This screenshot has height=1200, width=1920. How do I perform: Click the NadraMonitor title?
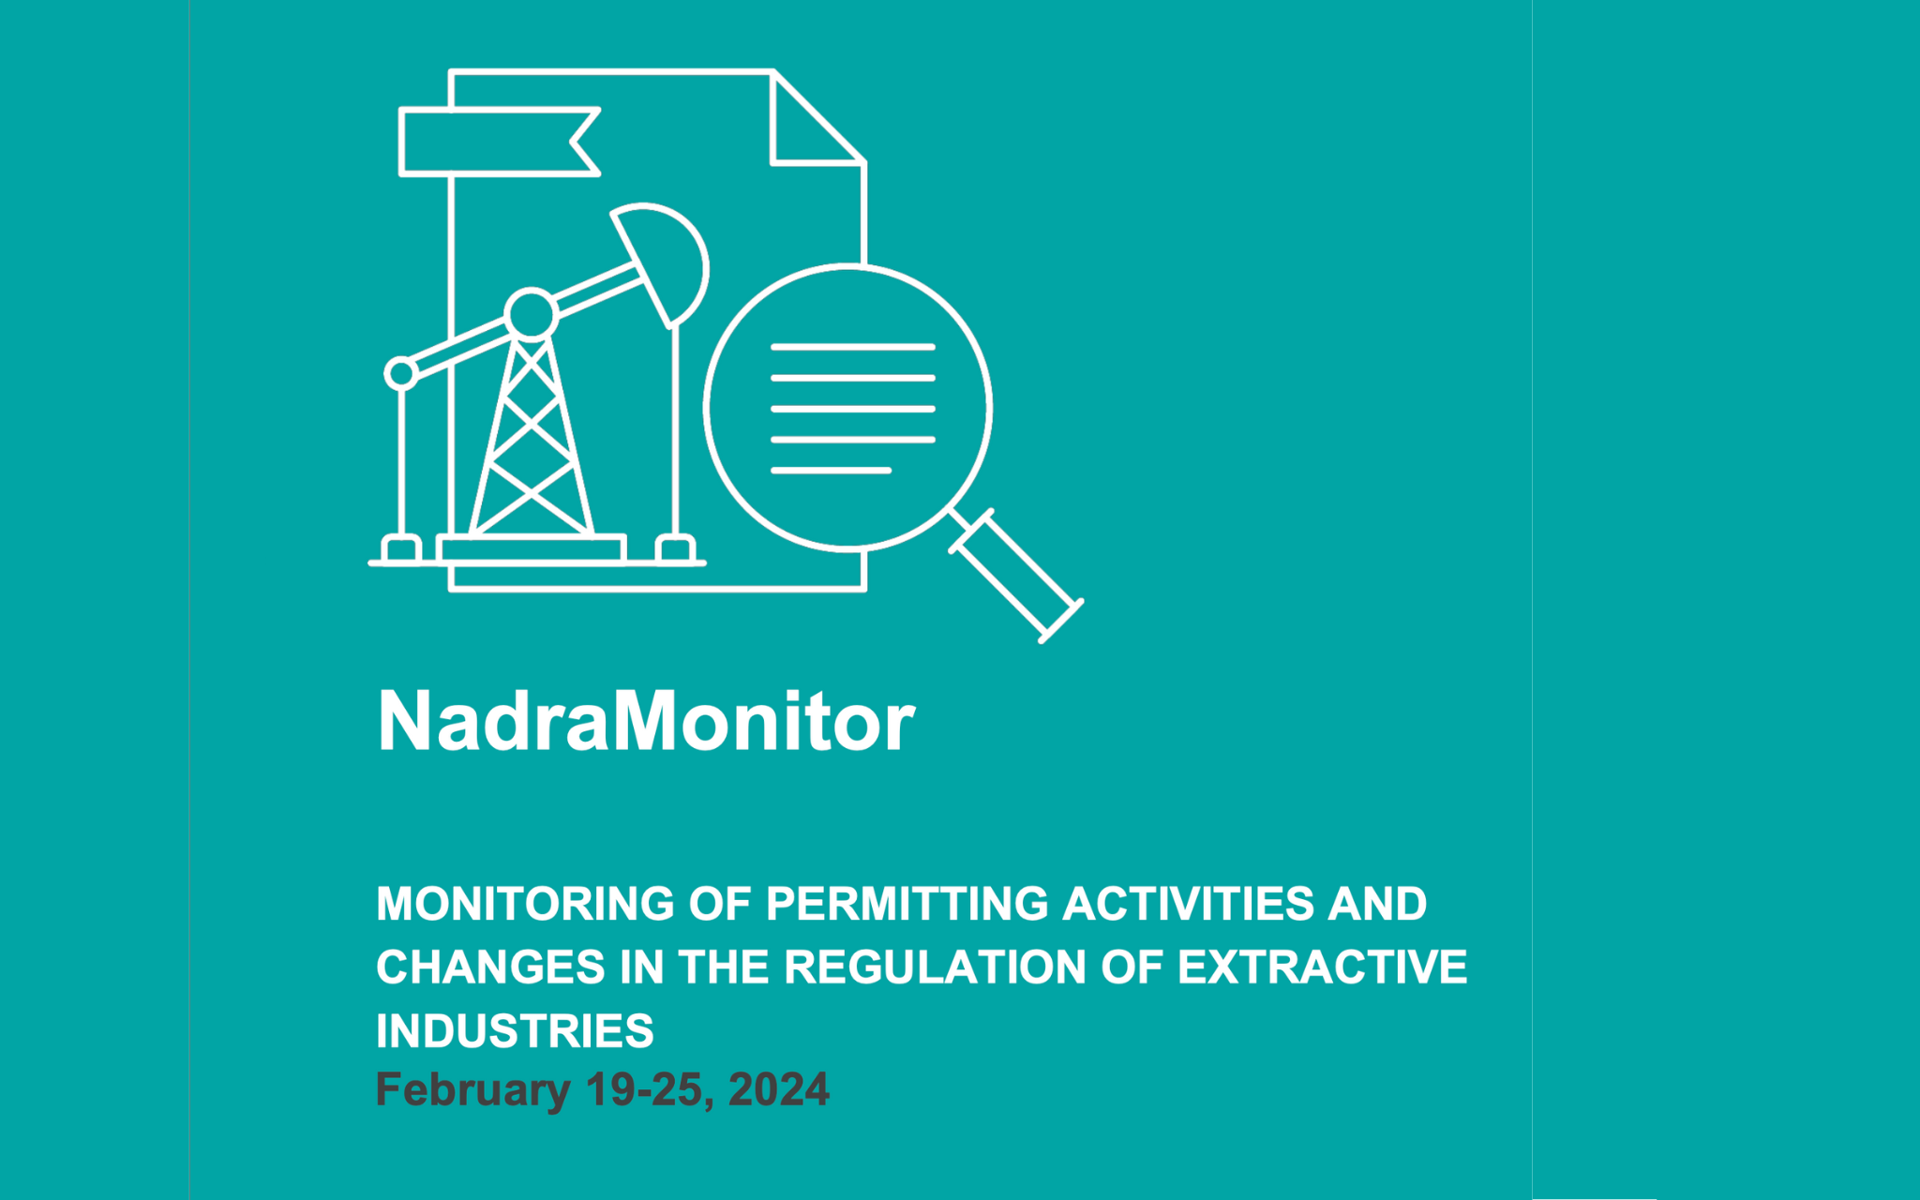click(645, 721)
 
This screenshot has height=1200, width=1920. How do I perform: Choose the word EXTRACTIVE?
click(1322, 967)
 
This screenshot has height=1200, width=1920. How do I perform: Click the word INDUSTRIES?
click(515, 1031)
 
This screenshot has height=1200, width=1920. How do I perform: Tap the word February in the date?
click(472, 1090)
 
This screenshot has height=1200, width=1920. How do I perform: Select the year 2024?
click(778, 1090)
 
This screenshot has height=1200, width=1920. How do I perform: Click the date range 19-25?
click(644, 1090)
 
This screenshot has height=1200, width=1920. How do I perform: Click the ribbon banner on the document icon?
click(497, 142)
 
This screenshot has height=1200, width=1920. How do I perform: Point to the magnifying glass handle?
click(1016, 576)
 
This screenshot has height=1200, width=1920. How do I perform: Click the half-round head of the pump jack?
click(667, 257)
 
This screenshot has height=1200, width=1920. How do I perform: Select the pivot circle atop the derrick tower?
click(532, 313)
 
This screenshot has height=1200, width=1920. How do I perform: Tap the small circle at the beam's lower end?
click(401, 373)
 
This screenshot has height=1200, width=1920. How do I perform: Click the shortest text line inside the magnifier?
click(831, 470)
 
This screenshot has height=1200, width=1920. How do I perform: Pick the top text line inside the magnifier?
click(852, 347)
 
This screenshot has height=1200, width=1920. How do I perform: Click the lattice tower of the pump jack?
click(531, 441)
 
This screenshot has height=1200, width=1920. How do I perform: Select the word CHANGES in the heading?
click(490, 967)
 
